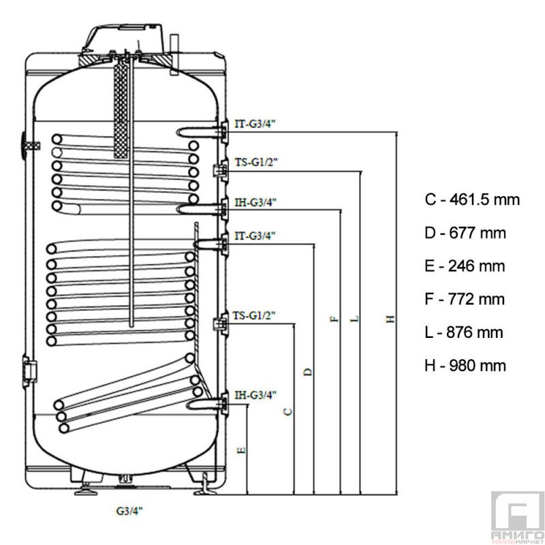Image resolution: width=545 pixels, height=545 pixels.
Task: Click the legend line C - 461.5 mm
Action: click(471, 200)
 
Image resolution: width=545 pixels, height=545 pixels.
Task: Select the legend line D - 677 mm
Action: click(465, 233)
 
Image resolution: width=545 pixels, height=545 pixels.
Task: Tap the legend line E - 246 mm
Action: click(464, 266)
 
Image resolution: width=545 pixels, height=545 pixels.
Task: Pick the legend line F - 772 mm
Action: click(464, 299)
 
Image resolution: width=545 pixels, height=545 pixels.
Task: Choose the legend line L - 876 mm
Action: click(463, 332)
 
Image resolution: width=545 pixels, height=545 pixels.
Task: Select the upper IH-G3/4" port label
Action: click(255, 202)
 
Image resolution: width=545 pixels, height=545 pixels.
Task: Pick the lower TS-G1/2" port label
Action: click(255, 315)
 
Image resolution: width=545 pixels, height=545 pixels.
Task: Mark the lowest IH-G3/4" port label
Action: click(255, 394)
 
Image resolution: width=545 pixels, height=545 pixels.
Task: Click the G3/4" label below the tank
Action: click(129, 509)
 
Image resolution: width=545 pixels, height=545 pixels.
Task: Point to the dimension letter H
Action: click(390, 319)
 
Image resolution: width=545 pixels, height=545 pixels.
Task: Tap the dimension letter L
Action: click(354, 319)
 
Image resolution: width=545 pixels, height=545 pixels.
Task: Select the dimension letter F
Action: click(334, 319)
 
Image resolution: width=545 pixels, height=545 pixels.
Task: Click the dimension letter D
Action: click(308, 371)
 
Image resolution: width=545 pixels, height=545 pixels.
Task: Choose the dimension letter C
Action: click(288, 411)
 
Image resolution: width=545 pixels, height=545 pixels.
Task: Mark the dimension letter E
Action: click(241, 450)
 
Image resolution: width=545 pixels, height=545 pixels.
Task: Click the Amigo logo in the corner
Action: click(516, 518)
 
